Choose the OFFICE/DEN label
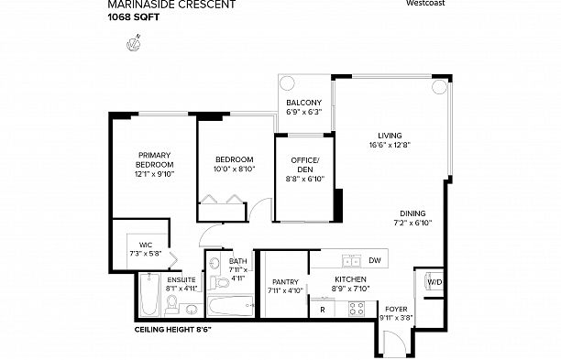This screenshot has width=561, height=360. pos(303,160)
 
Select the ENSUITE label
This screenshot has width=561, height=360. pos(180,278)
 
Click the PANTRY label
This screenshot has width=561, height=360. pos(281,282)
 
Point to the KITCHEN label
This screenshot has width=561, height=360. pos(350,278)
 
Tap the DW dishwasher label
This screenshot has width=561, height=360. pos(374,260)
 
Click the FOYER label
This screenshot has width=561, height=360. pos(396,309)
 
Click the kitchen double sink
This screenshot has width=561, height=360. pos(348,259)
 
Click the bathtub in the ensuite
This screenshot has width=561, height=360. pos(149,296)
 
